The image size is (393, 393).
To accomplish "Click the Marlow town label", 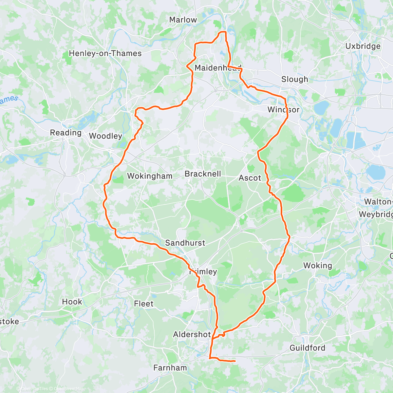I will coord(183,20).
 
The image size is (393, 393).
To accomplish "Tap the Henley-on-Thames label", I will coord(105,53).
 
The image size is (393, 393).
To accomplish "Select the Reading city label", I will coord(65,133).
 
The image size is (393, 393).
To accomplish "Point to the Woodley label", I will coord(105,136).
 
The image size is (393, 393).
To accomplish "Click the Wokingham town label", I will coord(150,176).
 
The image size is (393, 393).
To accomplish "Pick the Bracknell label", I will coord(203,174).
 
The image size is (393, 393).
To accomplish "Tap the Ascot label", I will coord(250,178).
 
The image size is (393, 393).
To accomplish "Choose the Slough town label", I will coord(295,79).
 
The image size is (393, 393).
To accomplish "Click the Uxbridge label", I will coord(363,46).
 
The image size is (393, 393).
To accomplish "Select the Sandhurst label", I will coord(185,243).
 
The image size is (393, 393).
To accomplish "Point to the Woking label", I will coord(317,266).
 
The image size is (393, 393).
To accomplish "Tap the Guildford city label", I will coord(308,348).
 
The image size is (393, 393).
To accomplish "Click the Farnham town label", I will coord(170,368).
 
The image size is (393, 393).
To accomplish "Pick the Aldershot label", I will coord(192,334).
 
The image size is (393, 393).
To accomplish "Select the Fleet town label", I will coord(143,304).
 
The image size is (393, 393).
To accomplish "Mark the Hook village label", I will coord(72,302).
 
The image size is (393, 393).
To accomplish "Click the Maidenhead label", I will coord(218,68).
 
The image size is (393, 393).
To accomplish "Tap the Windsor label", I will coord(283,109).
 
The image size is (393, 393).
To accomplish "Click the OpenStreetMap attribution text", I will coord(68,389).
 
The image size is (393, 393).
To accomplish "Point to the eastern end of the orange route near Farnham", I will coord(235,361).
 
